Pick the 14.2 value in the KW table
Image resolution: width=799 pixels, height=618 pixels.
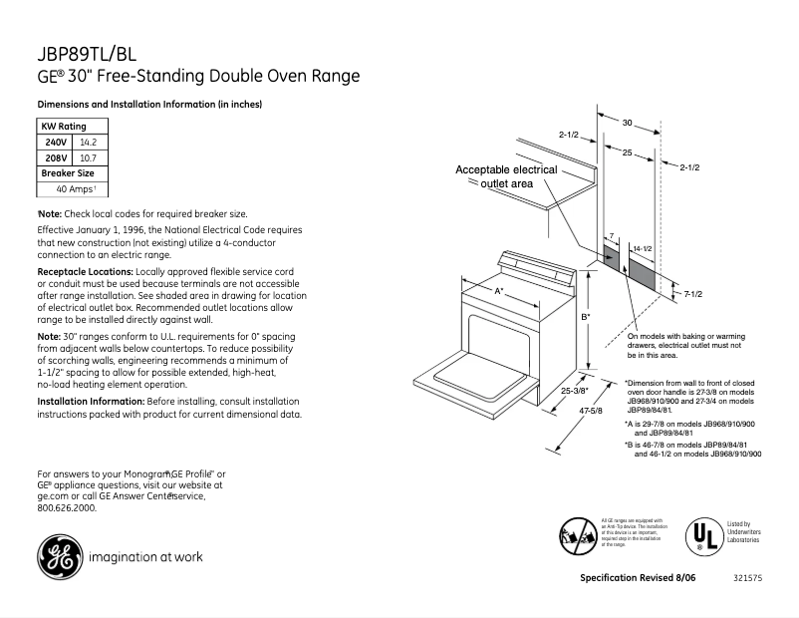[x=89, y=143]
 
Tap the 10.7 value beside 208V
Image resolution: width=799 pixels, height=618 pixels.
[x=88, y=157]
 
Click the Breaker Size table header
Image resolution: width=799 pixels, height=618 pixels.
[x=68, y=172]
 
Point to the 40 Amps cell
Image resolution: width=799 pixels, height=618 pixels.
[x=76, y=188]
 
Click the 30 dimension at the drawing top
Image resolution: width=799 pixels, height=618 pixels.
[x=628, y=123]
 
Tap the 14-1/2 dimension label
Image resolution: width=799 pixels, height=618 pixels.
[x=643, y=247]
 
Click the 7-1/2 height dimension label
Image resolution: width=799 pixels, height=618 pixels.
[x=693, y=293]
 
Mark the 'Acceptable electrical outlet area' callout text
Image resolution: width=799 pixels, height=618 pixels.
[x=506, y=176]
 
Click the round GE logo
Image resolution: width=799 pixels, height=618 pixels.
[x=59, y=557]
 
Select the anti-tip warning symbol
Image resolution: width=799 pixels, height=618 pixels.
[x=579, y=534]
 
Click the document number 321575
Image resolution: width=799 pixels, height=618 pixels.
[x=746, y=579]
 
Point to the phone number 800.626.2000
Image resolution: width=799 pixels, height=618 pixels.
[x=67, y=507]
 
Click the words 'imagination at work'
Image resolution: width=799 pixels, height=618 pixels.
[x=145, y=557]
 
